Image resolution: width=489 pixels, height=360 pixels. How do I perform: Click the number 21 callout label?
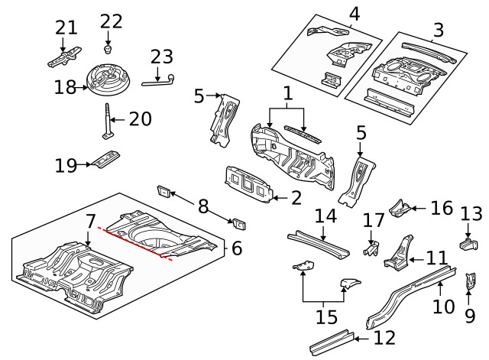pos(66,28)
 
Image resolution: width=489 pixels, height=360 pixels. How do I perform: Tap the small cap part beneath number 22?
pos(108,47)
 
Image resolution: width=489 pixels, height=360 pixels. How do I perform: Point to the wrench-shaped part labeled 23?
pos(167,79)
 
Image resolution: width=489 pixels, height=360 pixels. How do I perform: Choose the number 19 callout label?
pos(65,164)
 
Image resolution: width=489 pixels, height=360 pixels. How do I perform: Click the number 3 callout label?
pos(438,31)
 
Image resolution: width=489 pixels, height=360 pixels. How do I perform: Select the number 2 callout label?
pos(296,198)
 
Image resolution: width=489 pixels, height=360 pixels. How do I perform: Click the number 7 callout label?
pos(91,222)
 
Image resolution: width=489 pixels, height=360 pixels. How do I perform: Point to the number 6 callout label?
pos(236,248)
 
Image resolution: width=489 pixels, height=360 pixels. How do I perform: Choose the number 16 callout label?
pos(440,209)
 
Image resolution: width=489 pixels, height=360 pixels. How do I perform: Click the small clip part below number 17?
pos(371,248)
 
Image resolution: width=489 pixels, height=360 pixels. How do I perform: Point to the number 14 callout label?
pos(325,216)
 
